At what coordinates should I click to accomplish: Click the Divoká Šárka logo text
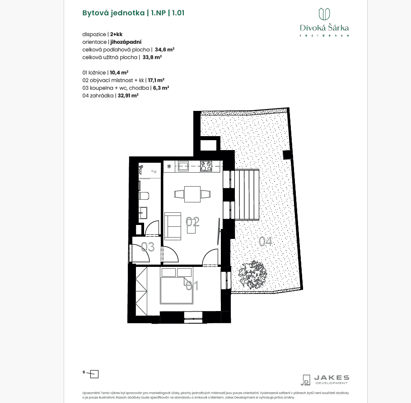(324, 28)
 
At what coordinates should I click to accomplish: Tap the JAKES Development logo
(325, 379)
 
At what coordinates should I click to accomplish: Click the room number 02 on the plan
(193, 221)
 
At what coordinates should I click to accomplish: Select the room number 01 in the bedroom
(192, 285)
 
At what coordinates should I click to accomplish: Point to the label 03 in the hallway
(148, 247)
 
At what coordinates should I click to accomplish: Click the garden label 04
(266, 242)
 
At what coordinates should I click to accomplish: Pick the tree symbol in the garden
(252, 275)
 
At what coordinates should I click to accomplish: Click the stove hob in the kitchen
(206, 166)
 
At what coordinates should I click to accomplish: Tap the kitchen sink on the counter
(183, 166)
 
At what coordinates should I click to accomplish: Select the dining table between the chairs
(193, 194)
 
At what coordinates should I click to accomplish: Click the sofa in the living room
(173, 225)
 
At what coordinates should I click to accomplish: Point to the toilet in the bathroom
(144, 196)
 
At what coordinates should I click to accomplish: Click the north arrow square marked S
(94, 374)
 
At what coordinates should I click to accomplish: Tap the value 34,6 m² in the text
(165, 50)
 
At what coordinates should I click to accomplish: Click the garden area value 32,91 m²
(128, 96)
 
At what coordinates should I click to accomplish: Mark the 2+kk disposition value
(116, 34)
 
